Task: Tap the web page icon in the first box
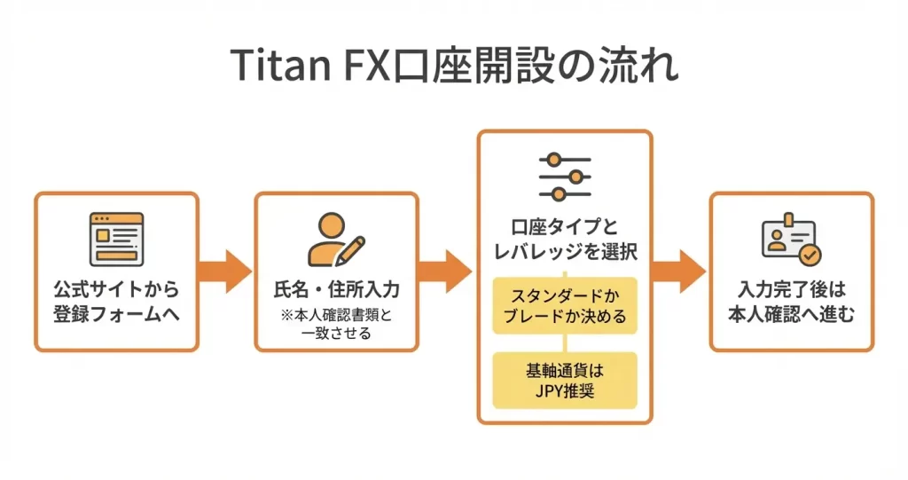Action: point(116,236)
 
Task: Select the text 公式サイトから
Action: point(116,290)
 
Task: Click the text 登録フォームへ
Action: point(116,314)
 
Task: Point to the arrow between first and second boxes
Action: point(225,271)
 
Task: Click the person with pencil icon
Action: point(336,238)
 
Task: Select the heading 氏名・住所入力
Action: point(336,290)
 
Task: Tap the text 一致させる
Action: point(336,333)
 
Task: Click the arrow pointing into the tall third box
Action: point(446,271)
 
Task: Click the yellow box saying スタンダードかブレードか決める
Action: point(565,304)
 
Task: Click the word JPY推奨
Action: point(565,390)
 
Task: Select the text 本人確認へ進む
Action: point(791,313)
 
